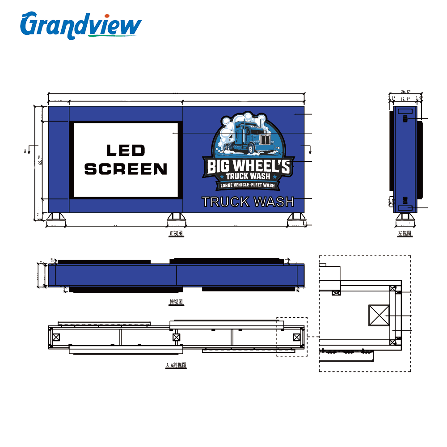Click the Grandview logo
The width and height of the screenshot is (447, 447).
(80, 25)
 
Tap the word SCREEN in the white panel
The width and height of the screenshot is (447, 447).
(126, 169)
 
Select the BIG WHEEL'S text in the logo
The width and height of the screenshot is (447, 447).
(249, 166)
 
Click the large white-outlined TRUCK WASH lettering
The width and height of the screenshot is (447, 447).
(248, 202)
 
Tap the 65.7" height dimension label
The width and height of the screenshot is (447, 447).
(40, 160)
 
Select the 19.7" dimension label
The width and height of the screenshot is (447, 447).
(405, 99)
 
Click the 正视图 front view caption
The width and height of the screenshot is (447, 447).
(176, 233)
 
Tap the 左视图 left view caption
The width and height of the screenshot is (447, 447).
(405, 233)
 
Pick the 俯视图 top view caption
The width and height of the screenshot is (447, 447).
(176, 302)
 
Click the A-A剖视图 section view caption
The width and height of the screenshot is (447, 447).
(176, 365)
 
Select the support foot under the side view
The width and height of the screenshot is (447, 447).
(405, 217)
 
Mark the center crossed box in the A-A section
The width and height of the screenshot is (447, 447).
(176, 337)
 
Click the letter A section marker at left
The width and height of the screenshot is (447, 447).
(25, 152)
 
